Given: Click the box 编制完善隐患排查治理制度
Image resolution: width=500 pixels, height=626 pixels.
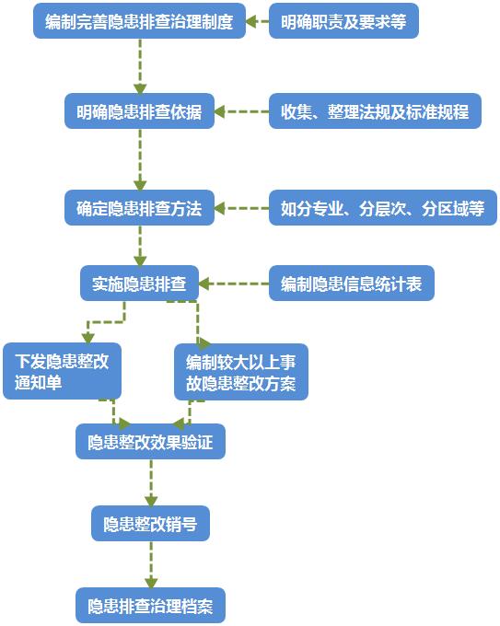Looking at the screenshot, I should pyautogui.click(x=139, y=20).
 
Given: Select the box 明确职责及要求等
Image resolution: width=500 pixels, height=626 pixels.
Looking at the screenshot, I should pyautogui.click(x=343, y=20).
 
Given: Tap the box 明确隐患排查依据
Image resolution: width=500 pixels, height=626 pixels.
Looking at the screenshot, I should pyautogui.click(x=139, y=112).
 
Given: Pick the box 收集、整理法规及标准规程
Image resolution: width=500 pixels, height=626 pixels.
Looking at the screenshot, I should pyautogui.click(x=375, y=112).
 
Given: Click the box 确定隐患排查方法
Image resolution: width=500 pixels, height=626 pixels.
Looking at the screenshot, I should pyautogui.click(x=139, y=207).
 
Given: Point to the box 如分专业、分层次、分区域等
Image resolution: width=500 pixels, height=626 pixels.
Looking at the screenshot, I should pyautogui.click(x=382, y=207).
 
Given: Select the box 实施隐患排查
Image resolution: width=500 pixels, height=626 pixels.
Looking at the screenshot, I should pyautogui.click(x=139, y=284).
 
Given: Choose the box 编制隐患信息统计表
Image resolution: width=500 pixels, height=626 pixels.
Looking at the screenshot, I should pyautogui.click(x=351, y=284).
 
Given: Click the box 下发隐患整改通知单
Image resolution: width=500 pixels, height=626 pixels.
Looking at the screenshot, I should pyautogui.click(x=62, y=371).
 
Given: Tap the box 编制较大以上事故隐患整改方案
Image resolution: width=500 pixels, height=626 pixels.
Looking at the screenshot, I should pyautogui.click(x=241, y=371).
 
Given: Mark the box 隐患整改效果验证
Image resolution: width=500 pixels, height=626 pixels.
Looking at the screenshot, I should pyautogui.click(x=150, y=443).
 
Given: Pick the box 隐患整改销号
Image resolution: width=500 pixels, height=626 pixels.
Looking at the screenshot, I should pyautogui.click(x=150, y=525).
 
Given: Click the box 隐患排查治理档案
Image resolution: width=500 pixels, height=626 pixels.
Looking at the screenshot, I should pyautogui.click(x=150, y=606).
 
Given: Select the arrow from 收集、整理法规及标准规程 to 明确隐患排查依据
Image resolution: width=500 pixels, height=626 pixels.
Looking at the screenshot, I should pyautogui.click(x=241, y=112).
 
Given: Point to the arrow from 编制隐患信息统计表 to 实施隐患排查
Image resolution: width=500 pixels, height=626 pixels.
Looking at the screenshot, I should pyautogui.click(x=234, y=284).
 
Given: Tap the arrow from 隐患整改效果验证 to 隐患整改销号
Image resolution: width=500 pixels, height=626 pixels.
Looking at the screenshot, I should pyautogui.click(x=150, y=483).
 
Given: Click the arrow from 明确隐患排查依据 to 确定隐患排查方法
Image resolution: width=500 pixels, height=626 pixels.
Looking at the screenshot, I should pyautogui.click(x=140, y=159).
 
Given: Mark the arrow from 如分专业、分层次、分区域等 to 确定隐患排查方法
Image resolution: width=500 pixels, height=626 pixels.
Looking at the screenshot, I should pyautogui.click(x=241, y=207).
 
